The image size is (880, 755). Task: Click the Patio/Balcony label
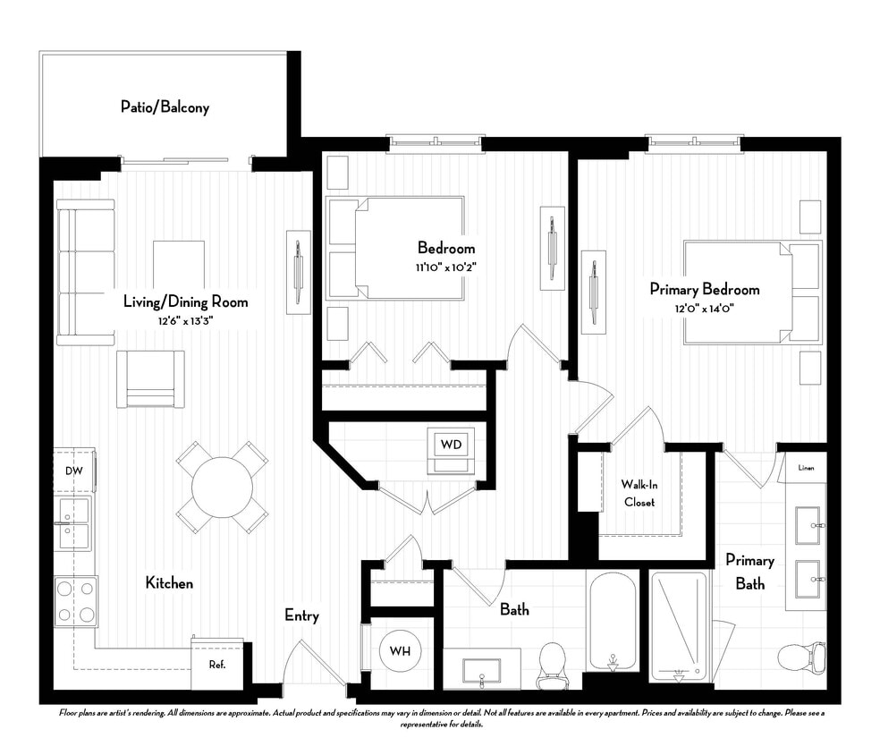tap(165, 107)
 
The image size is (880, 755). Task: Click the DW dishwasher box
tap(72, 471)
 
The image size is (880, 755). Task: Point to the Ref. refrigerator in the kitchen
tap(216, 665)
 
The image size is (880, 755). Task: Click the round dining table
tap(222, 488)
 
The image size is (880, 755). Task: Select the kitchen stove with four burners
tap(76, 600)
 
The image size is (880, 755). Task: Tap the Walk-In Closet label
tap(639, 493)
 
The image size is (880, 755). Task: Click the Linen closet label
tap(807, 466)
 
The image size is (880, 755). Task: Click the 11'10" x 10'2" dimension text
tap(445, 267)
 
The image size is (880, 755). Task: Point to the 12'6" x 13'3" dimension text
tap(185, 320)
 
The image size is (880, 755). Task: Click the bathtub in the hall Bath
tap(613, 619)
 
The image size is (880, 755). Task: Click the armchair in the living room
tap(150, 377)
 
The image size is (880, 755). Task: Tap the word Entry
tap(301, 615)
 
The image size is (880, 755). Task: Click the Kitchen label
tap(169, 583)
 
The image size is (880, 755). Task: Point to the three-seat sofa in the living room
tap(86, 272)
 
